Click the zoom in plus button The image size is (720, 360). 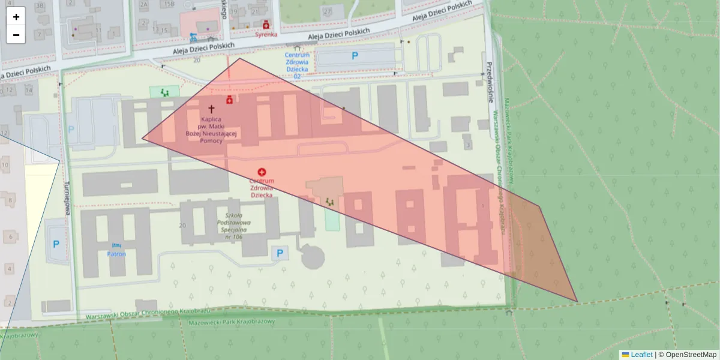point(16,17)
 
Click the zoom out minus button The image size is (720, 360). point(16,35)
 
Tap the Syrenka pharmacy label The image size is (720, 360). point(266,34)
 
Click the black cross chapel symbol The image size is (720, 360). point(211,109)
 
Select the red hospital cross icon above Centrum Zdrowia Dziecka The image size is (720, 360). point(262,172)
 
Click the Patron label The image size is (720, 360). point(116,254)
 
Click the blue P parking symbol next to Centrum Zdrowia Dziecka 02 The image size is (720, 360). point(355,56)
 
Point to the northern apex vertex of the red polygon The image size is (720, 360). point(240,58)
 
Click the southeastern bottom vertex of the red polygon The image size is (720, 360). point(577,301)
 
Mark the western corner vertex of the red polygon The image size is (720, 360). point(142,139)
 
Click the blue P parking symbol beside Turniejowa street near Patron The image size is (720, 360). point(56,244)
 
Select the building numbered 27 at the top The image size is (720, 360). point(328,11)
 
